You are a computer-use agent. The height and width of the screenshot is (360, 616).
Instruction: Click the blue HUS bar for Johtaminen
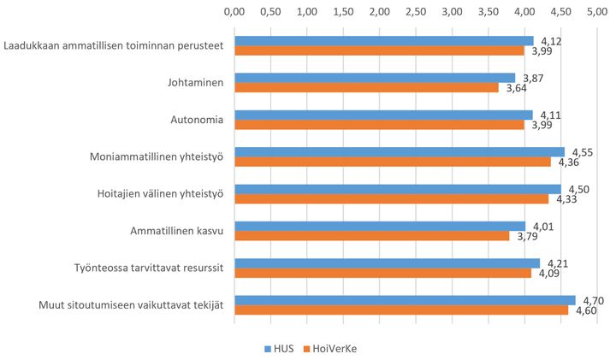click(x=375, y=78)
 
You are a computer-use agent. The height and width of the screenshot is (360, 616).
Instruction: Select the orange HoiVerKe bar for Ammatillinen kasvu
click(x=372, y=236)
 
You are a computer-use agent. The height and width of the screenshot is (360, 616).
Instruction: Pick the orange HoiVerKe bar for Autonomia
click(x=379, y=125)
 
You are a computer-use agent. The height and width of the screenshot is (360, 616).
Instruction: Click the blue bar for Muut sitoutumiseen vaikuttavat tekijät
click(x=405, y=300)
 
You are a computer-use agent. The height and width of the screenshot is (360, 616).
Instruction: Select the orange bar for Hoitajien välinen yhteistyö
click(x=391, y=199)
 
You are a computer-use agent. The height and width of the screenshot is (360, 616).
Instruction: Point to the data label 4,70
click(x=594, y=301)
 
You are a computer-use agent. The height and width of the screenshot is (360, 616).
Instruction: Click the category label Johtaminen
click(x=196, y=83)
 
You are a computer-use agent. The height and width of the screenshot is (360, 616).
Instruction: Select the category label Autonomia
click(x=198, y=120)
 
